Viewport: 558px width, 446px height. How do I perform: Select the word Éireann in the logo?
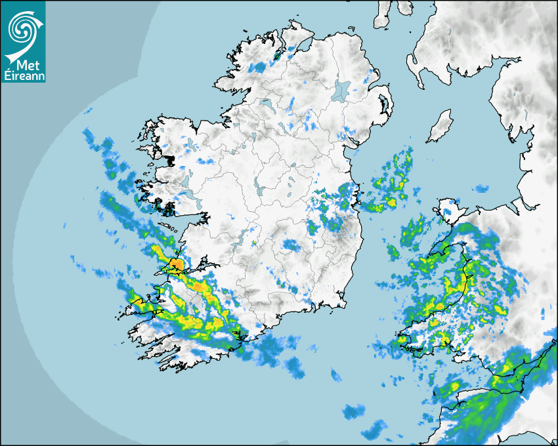pos(22,75)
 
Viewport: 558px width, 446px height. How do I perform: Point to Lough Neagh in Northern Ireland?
pos(341,90)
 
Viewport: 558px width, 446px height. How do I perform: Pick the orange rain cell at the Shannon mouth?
pos(175,264)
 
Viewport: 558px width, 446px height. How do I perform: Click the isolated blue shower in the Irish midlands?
pos(291,246)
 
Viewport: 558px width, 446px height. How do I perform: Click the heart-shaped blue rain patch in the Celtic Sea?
pos(354,411)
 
